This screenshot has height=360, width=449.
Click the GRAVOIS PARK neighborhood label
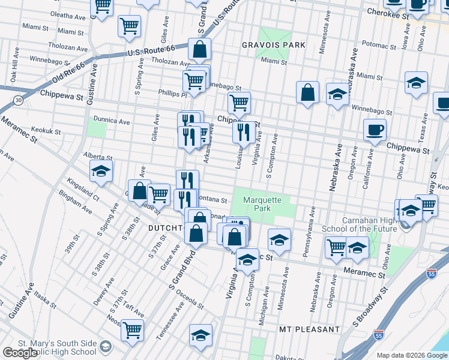coord(274,45)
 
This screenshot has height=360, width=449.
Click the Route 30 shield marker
coord(19,100)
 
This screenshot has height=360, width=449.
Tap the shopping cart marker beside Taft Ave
coord(133,329)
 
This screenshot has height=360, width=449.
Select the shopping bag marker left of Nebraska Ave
coord(307,93)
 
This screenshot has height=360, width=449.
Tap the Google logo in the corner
coord(20,353)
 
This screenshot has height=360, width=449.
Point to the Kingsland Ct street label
coord(83,187)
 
